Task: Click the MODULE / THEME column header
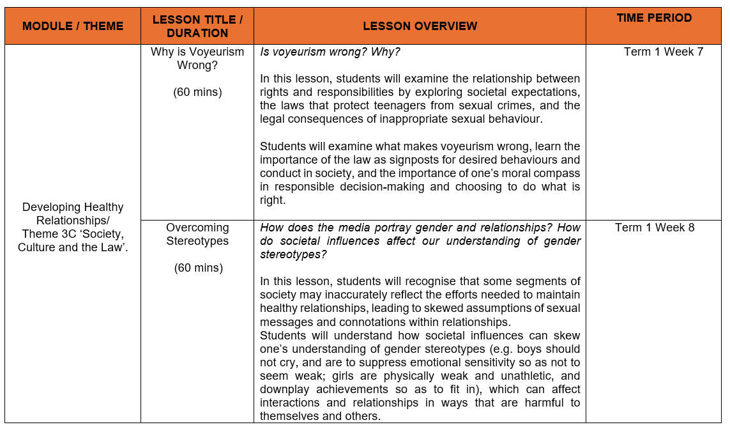(x=73, y=26)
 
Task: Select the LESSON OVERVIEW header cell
(x=420, y=26)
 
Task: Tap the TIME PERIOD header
(x=654, y=18)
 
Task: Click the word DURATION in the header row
(x=197, y=33)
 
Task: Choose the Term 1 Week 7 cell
(x=663, y=52)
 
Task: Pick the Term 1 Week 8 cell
(x=654, y=228)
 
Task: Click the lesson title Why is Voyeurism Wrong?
(x=197, y=58)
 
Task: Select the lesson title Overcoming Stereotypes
(x=197, y=234)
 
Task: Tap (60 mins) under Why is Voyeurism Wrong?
(x=197, y=92)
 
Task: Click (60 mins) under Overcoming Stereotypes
(x=198, y=268)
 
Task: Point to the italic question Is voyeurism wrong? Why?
(x=330, y=52)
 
